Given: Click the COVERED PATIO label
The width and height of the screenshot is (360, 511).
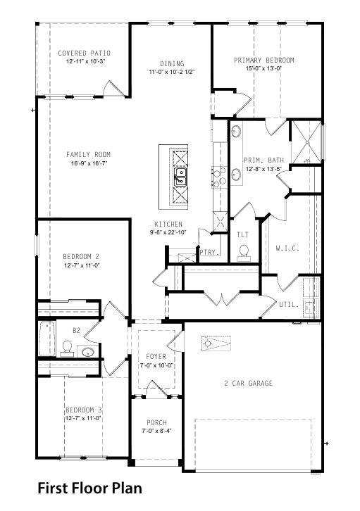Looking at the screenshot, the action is [x=84, y=53].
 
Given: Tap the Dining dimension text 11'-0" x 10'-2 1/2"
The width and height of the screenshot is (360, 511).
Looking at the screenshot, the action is [x=172, y=72].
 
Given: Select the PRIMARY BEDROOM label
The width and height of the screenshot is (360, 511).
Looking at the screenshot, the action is [x=264, y=60].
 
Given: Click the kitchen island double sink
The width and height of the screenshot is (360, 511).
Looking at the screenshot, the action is [x=180, y=177].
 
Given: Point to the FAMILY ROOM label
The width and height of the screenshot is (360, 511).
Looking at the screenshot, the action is [x=88, y=154].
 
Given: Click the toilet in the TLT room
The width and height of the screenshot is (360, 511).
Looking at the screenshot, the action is [x=244, y=253].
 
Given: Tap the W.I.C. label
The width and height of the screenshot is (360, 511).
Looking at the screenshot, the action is [x=287, y=248].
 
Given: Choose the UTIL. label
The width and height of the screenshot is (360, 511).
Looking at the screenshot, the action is [x=289, y=305].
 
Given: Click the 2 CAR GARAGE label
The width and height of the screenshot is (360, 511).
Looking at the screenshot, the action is [x=248, y=383].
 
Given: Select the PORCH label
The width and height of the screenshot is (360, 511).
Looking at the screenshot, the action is [x=156, y=423].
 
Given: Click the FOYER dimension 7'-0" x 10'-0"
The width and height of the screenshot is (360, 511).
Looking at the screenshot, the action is [x=156, y=365].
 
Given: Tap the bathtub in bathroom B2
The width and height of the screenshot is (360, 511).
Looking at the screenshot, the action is [x=46, y=339].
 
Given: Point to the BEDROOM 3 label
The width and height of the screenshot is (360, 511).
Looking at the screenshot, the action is [x=84, y=410].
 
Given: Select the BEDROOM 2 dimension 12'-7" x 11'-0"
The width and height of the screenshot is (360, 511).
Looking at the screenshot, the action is [x=82, y=265].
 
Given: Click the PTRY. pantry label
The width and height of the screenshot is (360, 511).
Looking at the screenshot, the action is [x=209, y=252].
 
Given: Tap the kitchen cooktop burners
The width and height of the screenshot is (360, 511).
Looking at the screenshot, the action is [x=220, y=177].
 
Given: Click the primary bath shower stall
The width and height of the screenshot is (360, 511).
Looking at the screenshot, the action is [x=306, y=142].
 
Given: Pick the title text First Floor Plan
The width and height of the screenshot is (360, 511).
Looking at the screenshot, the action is [x=90, y=488].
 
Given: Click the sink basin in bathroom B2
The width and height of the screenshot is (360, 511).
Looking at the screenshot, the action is [x=88, y=352].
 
